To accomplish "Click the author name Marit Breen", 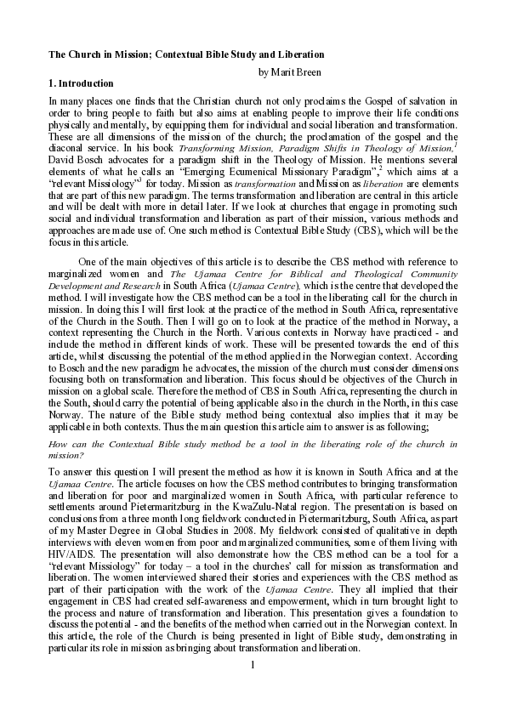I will [296, 71].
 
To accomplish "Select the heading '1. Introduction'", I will [81, 83].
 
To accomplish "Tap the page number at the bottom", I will [253, 685].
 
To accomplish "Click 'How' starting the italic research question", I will [57, 444].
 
